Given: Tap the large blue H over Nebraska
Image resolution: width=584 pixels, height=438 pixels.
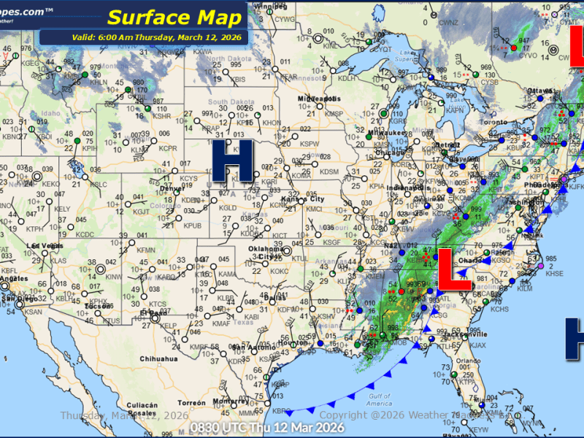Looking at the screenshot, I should click(x=232, y=160).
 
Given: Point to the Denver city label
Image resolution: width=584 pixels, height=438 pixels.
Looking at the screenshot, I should click(x=170, y=188).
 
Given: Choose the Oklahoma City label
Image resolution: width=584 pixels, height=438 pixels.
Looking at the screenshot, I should click(x=264, y=253).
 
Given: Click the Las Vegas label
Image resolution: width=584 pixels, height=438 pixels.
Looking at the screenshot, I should click(x=42, y=245).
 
